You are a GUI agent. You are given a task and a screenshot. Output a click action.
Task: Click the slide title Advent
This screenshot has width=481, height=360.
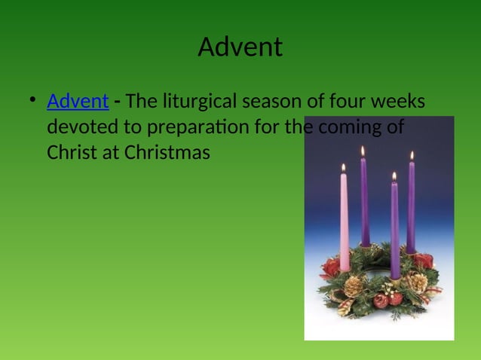(x=240, y=47)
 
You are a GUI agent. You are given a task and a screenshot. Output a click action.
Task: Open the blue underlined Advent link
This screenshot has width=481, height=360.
(x=78, y=101)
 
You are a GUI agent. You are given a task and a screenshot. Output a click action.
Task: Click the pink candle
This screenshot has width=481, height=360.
(x=345, y=222)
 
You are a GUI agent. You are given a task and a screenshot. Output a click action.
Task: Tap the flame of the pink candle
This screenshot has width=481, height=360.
(x=344, y=167)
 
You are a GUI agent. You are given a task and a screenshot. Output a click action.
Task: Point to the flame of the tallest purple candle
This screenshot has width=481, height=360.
(x=363, y=151)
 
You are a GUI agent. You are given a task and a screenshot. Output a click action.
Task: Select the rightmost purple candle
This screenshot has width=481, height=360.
(x=411, y=207)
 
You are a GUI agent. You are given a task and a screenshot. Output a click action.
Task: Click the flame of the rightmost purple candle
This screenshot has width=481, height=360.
(x=412, y=155)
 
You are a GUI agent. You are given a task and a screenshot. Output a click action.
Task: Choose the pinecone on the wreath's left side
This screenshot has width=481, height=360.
(x=352, y=287)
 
